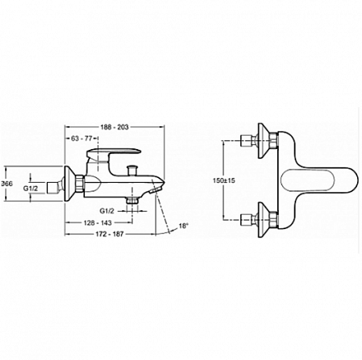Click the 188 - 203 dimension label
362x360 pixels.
tap(114, 127)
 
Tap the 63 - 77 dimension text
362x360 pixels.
tap(81, 138)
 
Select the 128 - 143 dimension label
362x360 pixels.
tap(97, 222)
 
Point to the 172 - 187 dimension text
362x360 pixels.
tap(109, 234)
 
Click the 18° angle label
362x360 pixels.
tap(184, 226)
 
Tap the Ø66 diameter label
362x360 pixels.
tap(7, 184)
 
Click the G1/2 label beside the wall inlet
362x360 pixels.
tap(30, 188)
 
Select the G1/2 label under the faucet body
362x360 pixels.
tap(107, 211)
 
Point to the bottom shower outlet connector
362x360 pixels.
tap(132, 200)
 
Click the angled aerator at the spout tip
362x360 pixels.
tap(155, 190)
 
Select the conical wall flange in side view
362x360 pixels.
tap(69, 184)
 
